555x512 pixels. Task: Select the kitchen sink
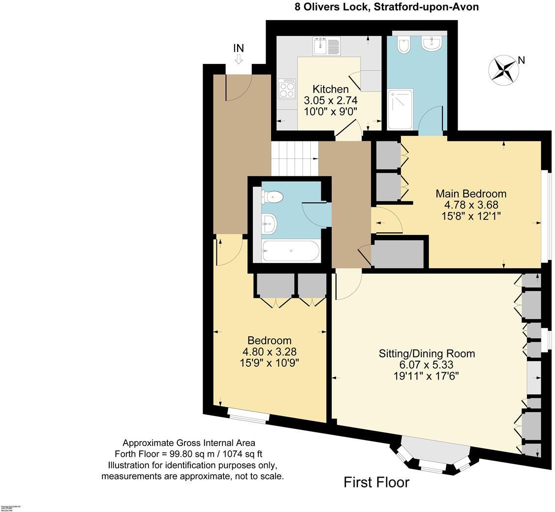coord(326,46)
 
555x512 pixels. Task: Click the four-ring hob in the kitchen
coord(286,89)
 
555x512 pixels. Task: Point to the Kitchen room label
coord(331,89)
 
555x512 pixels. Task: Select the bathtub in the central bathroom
coord(291,251)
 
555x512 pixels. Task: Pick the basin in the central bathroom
coord(269,224)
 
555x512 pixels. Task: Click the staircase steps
coord(294,158)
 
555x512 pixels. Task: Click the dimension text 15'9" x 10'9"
coord(269,363)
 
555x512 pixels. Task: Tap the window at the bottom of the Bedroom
coord(249,417)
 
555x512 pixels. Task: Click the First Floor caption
coord(376,482)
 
